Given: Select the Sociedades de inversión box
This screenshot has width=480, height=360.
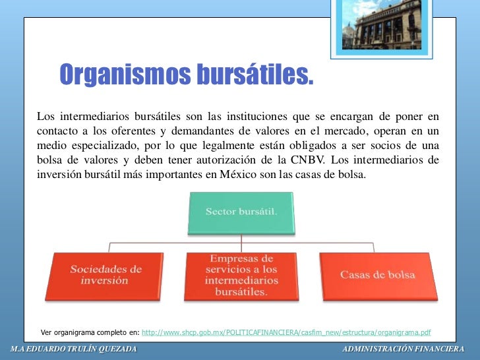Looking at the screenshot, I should coord(106,276).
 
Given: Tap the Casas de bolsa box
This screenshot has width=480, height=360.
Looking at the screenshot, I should coord(377,274).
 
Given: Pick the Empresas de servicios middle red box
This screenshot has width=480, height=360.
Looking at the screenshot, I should coord(241,276).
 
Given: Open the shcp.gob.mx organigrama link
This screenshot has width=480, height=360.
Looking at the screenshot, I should coord(286,332).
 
